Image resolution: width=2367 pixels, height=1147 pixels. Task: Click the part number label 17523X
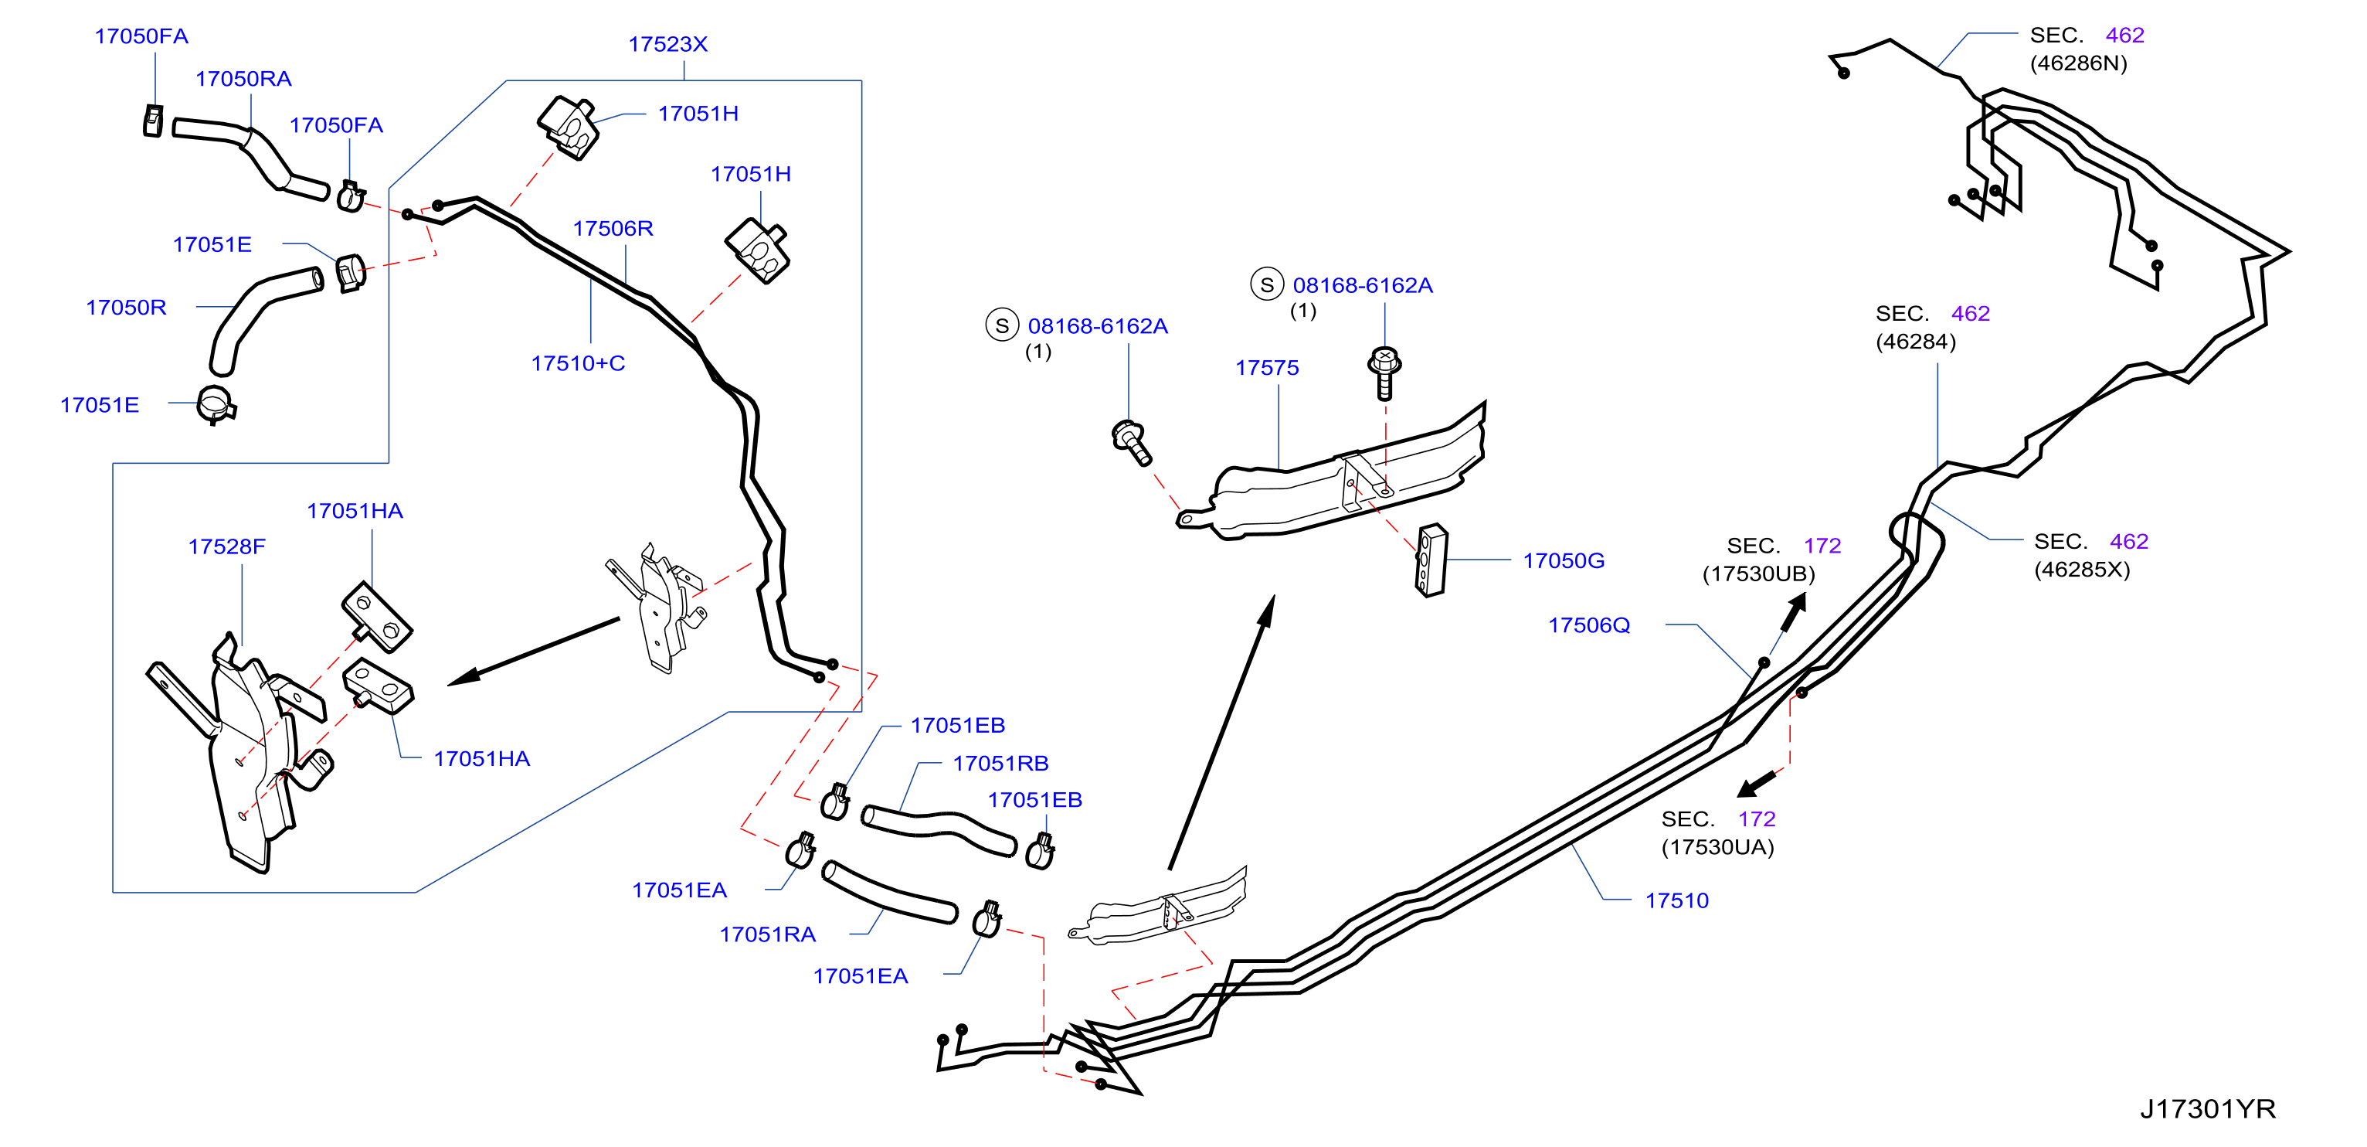(668, 44)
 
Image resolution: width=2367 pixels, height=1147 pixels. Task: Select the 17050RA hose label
(243, 79)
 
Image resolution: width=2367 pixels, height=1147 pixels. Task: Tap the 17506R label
(613, 228)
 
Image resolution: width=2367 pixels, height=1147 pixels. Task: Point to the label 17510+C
(578, 363)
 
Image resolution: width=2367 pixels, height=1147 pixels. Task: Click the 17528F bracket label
(227, 547)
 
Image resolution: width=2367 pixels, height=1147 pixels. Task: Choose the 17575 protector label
(1267, 368)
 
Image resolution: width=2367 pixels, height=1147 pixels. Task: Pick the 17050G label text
(1564, 560)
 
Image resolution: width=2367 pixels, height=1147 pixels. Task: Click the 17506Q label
(1590, 625)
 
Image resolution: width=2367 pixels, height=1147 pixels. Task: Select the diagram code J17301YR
(2208, 1109)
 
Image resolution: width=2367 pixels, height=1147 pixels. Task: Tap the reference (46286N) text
(2079, 63)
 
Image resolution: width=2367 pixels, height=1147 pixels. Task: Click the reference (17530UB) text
(1759, 574)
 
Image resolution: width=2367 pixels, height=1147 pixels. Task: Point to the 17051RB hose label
(1000, 764)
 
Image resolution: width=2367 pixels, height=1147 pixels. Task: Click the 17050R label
(126, 308)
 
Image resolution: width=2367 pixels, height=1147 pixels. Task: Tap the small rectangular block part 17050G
(1431, 560)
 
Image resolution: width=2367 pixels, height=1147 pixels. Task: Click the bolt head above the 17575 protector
(1384, 358)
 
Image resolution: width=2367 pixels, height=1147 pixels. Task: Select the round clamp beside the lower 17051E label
(216, 405)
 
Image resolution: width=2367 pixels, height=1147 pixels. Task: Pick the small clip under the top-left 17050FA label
(154, 121)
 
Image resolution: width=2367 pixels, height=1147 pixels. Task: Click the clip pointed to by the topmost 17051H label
(569, 128)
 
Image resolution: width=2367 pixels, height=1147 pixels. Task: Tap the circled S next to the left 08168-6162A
(1001, 325)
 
